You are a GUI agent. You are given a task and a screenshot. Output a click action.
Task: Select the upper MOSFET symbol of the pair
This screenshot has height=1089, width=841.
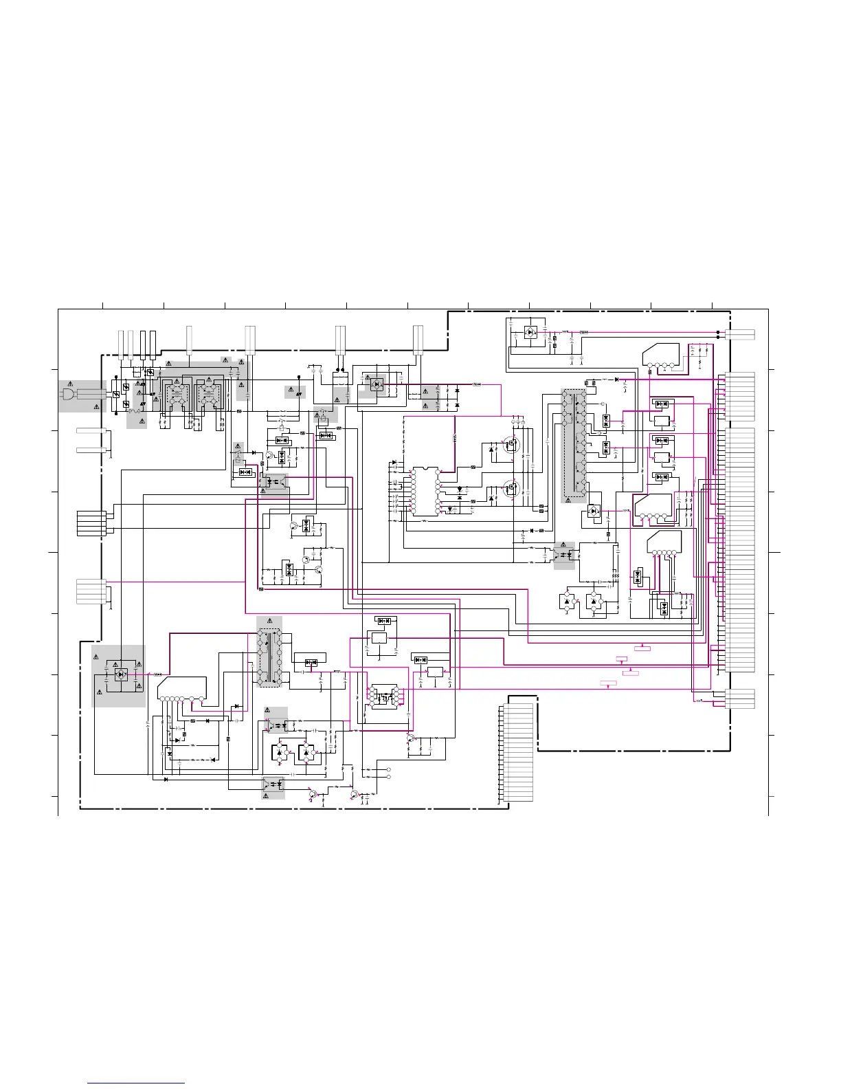click(x=511, y=445)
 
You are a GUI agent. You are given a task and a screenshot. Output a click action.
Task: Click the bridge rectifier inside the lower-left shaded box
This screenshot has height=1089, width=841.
click(x=121, y=674)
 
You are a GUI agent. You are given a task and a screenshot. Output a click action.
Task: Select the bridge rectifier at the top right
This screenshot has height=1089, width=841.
click(x=530, y=332)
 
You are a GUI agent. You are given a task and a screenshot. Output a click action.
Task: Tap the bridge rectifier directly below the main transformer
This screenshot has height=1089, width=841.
click(x=593, y=511)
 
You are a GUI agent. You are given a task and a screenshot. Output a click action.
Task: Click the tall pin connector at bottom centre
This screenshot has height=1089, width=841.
click(x=517, y=753)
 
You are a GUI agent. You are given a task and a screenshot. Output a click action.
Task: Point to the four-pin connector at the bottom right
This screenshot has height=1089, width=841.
click(x=737, y=698)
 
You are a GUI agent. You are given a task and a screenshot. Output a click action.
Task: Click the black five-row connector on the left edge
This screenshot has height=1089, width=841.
click(x=91, y=522)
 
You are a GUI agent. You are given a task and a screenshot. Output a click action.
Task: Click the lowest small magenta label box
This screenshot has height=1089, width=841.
click(x=608, y=684)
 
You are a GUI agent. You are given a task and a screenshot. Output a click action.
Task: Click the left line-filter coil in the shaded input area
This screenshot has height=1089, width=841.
click(x=177, y=395)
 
